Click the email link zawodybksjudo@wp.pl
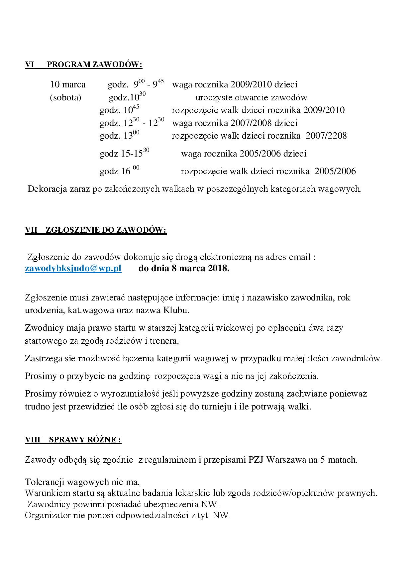coord(73,269)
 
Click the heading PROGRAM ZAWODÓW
coord(95,64)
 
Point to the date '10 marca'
coord(68,84)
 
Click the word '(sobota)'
coord(65,98)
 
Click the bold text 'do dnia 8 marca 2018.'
coord(184,269)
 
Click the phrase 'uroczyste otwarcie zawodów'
coord(251,98)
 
